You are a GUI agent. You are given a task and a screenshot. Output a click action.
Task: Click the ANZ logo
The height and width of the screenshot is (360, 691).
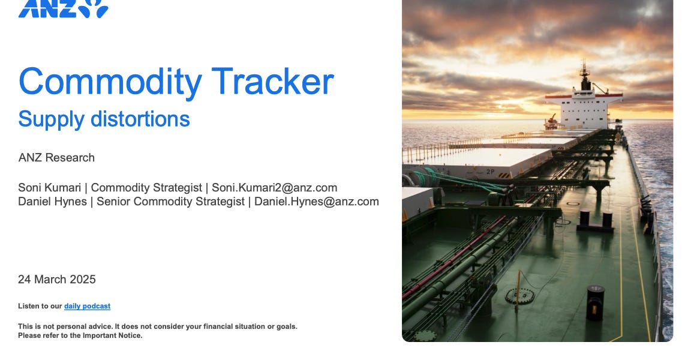pyautogui.click(x=63, y=8)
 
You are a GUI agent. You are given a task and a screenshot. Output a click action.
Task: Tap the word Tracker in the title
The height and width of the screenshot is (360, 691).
pyautogui.click(x=272, y=82)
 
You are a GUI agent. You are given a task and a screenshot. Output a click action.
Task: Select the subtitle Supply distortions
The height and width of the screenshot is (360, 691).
pyautogui.click(x=104, y=119)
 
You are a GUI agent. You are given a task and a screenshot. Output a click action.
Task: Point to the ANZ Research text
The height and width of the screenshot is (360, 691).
pyautogui.click(x=56, y=158)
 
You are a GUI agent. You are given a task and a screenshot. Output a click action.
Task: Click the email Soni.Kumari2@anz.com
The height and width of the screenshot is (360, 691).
pyautogui.click(x=274, y=188)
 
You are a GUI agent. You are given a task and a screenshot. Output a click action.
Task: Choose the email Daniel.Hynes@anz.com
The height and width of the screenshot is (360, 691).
pyautogui.click(x=316, y=202)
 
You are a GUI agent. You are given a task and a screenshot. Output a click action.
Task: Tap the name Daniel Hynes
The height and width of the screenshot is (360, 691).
pyautogui.click(x=52, y=202)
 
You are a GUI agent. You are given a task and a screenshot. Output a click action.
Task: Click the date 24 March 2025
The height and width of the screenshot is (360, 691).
pyautogui.click(x=57, y=280)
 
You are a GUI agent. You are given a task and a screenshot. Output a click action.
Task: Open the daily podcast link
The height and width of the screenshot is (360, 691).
pyautogui.click(x=87, y=306)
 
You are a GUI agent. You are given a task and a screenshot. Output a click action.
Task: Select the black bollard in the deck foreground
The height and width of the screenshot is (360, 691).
pyautogui.click(x=596, y=302)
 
